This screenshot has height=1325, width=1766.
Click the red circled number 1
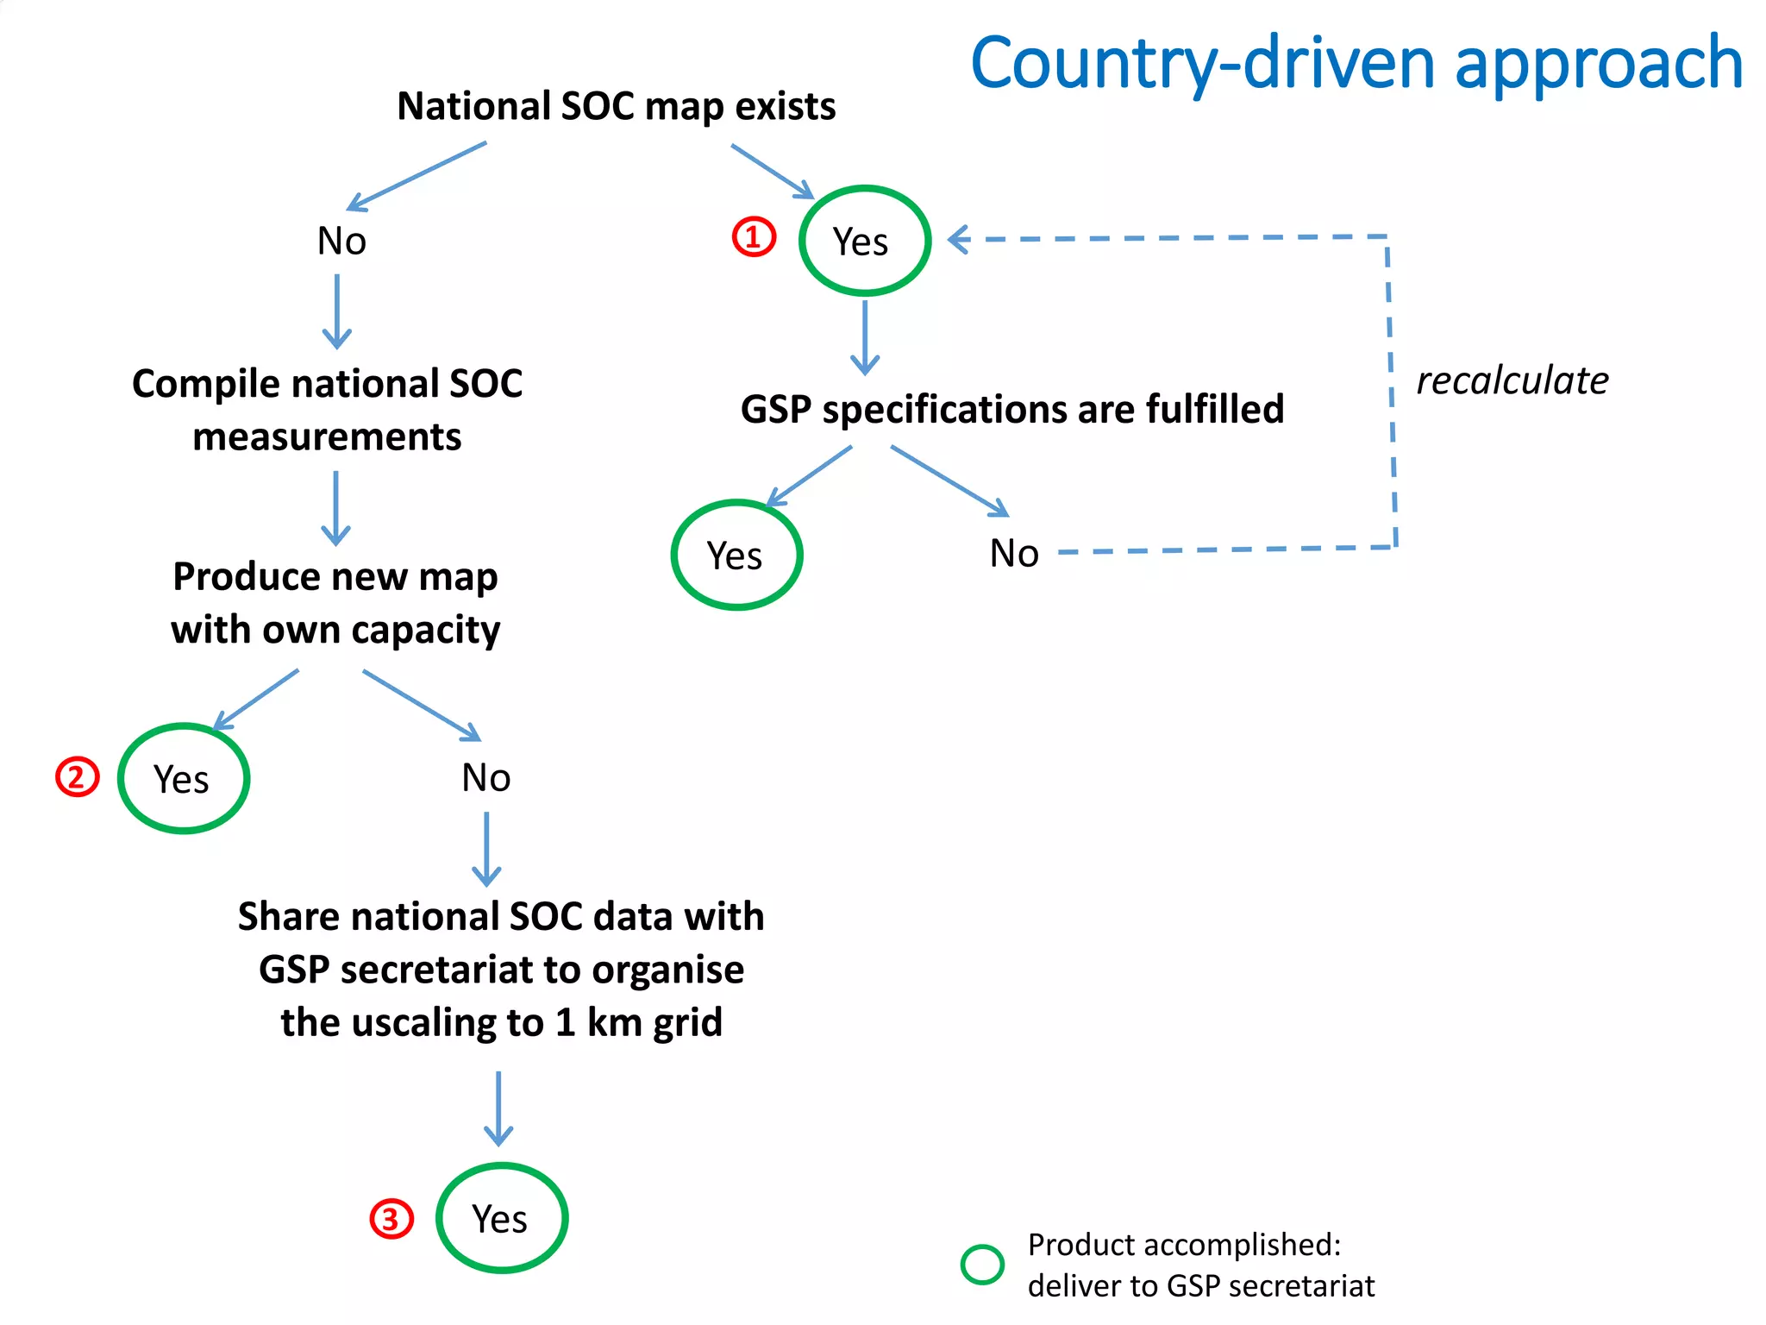click(754, 236)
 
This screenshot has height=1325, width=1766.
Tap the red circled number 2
click(78, 776)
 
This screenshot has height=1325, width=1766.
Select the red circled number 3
click(391, 1219)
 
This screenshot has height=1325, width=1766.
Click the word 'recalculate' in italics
click(1512, 380)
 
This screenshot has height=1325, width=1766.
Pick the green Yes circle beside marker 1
click(864, 241)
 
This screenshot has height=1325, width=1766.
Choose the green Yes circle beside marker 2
click(183, 778)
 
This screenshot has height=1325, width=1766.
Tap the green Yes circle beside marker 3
click(501, 1218)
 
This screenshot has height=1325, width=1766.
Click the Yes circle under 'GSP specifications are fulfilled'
click(736, 555)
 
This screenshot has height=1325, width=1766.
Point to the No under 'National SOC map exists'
click(341, 241)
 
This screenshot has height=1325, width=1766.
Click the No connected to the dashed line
click(1014, 553)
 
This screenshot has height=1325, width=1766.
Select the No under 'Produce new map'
click(486, 777)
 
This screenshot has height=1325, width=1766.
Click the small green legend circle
click(982, 1265)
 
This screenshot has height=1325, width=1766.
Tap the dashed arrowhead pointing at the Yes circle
click(959, 239)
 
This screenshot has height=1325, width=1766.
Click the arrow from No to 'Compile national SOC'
click(337, 312)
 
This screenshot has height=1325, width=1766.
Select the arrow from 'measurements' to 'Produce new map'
click(335, 509)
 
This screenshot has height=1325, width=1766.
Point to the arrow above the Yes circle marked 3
click(498, 1109)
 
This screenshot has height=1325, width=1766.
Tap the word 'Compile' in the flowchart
click(205, 385)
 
